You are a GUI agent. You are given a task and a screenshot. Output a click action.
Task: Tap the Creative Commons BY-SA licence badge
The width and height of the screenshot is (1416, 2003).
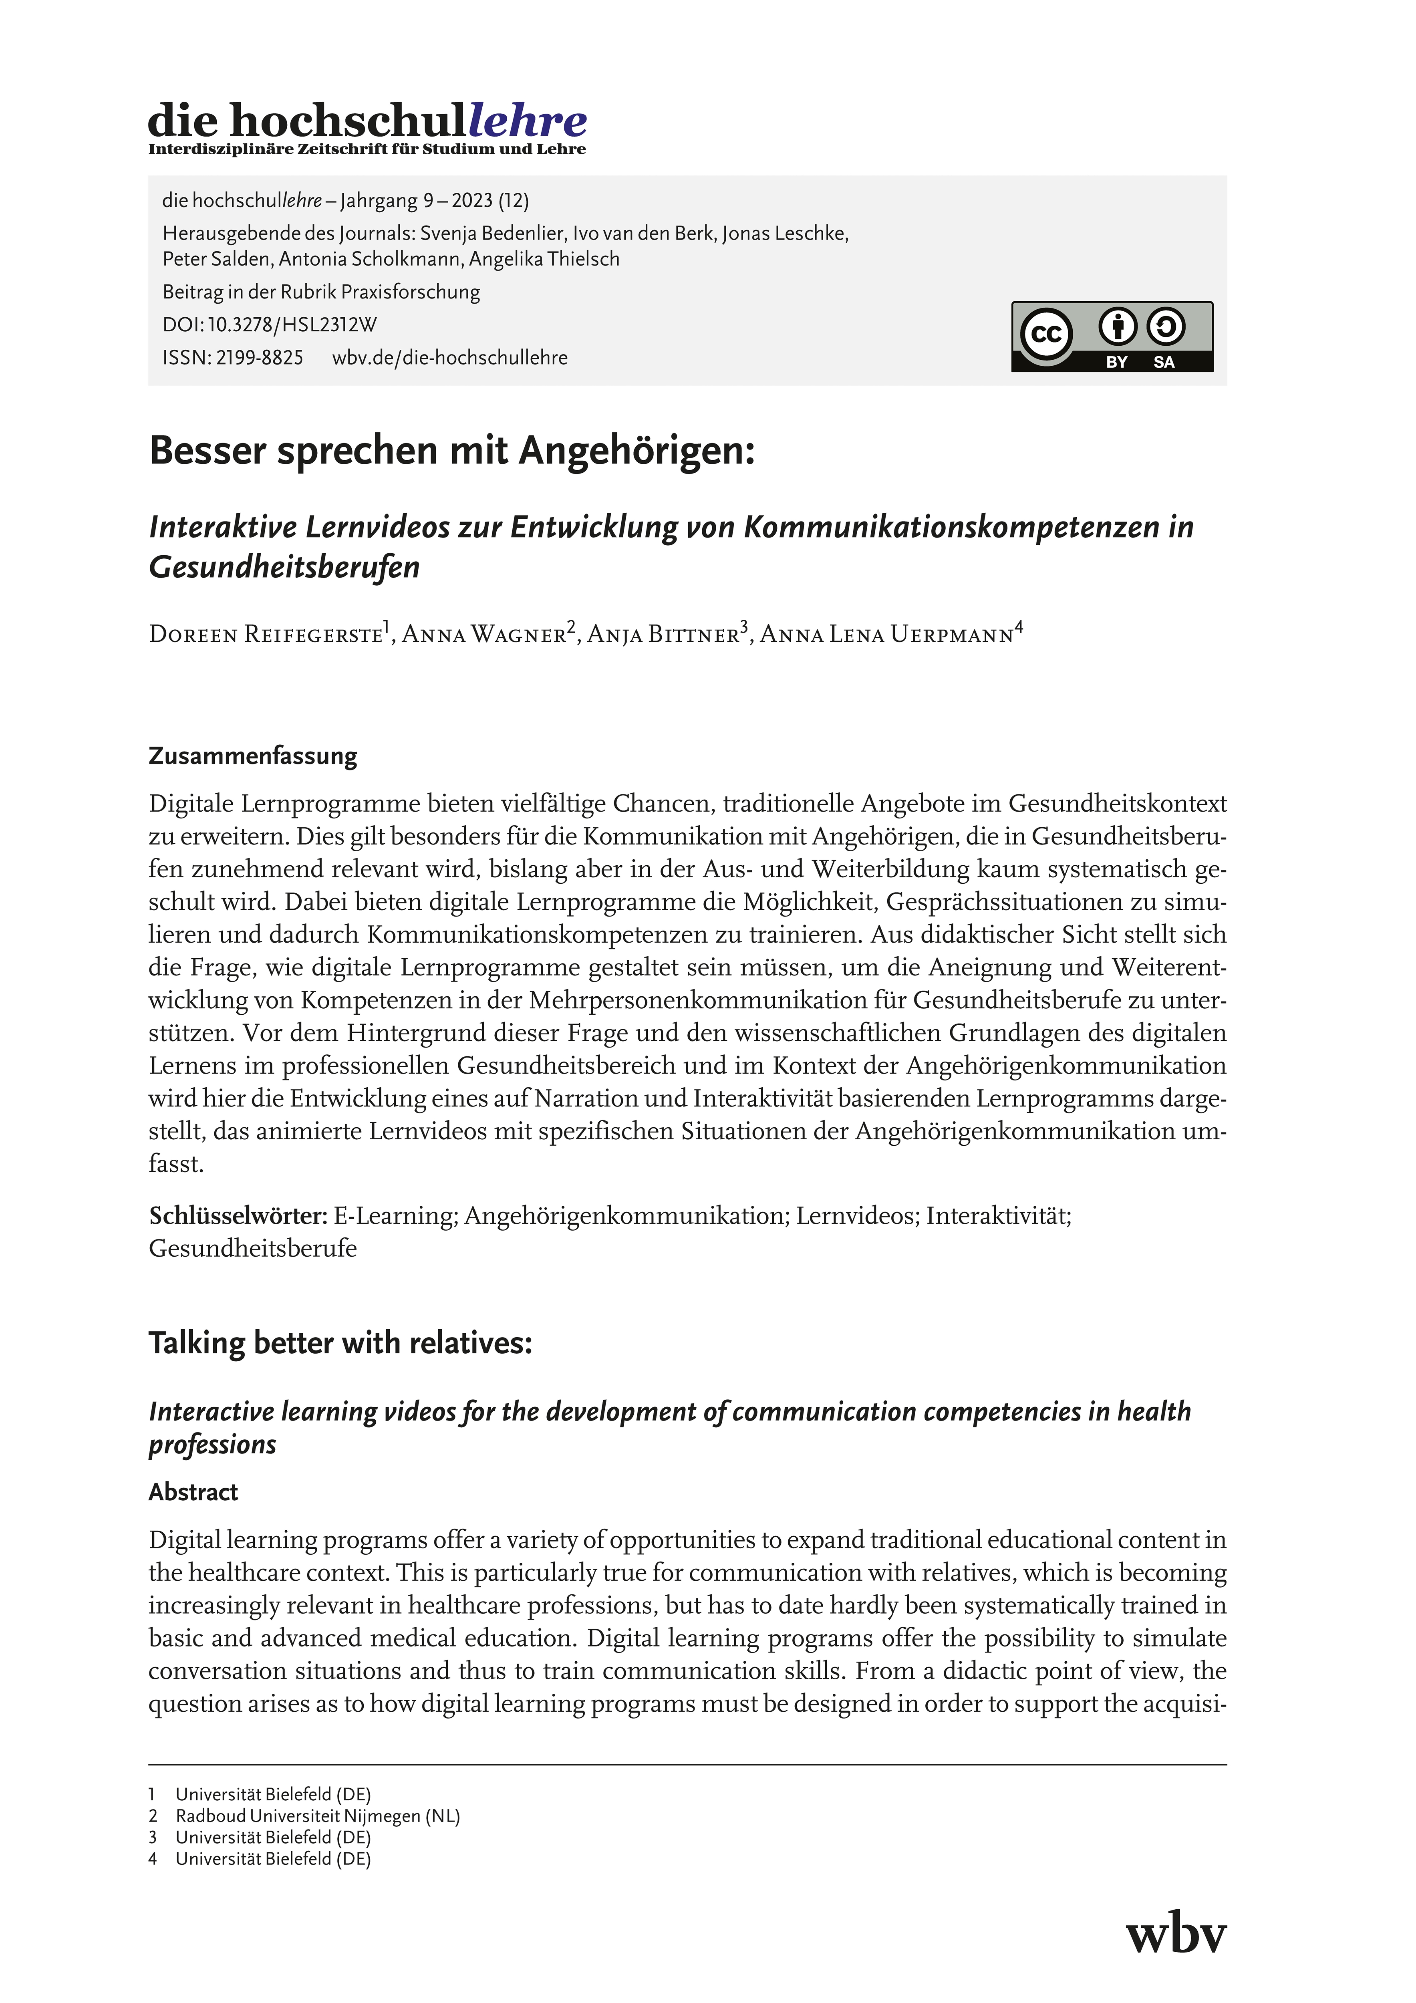tap(1112, 337)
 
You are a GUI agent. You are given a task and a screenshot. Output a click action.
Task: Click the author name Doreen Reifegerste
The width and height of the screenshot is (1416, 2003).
tap(266, 634)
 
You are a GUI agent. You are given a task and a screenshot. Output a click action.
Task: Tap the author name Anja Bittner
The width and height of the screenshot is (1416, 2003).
tap(664, 634)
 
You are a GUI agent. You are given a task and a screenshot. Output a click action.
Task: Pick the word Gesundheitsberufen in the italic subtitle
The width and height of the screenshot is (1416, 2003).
tap(284, 567)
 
